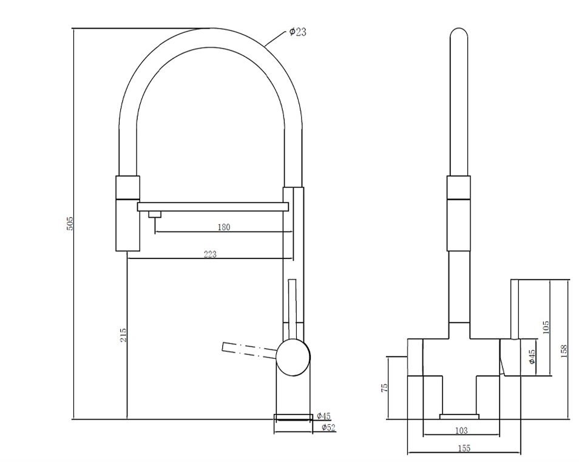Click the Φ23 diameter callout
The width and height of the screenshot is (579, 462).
(297, 32)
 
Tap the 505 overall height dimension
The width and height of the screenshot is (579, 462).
(70, 224)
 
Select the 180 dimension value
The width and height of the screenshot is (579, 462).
(224, 227)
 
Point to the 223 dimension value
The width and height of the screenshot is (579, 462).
(210, 254)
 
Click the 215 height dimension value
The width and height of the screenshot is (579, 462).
(123, 335)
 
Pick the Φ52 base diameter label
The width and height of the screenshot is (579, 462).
(328, 427)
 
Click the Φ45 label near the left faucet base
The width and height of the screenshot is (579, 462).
(323, 416)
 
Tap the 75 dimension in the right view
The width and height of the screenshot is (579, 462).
(384, 388)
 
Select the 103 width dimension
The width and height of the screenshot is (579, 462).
(461, 430)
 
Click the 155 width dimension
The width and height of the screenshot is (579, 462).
(464, 448)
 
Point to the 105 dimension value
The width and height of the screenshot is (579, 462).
(546, 328)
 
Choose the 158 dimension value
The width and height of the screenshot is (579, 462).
(563, 351)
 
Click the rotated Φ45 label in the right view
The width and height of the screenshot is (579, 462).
(532, 357)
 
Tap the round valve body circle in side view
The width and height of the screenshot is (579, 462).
(294, 357)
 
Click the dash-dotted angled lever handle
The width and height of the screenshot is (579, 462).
(249, 350)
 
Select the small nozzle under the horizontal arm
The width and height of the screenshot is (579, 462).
(154, 215)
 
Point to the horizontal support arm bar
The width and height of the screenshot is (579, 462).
(212, 207)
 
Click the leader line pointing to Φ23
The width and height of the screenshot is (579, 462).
(277, 39)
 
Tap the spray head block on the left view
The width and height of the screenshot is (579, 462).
(128, 213)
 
